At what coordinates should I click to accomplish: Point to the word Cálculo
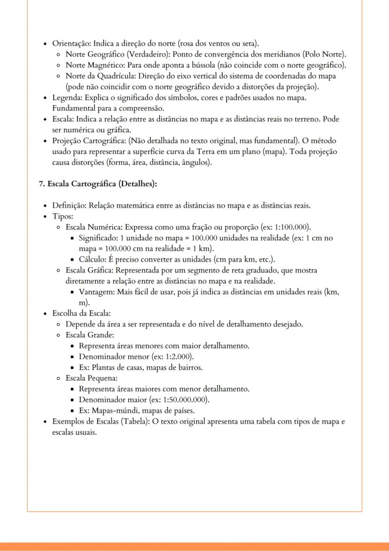(93, 259)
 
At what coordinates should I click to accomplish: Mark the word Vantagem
(96, 292)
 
